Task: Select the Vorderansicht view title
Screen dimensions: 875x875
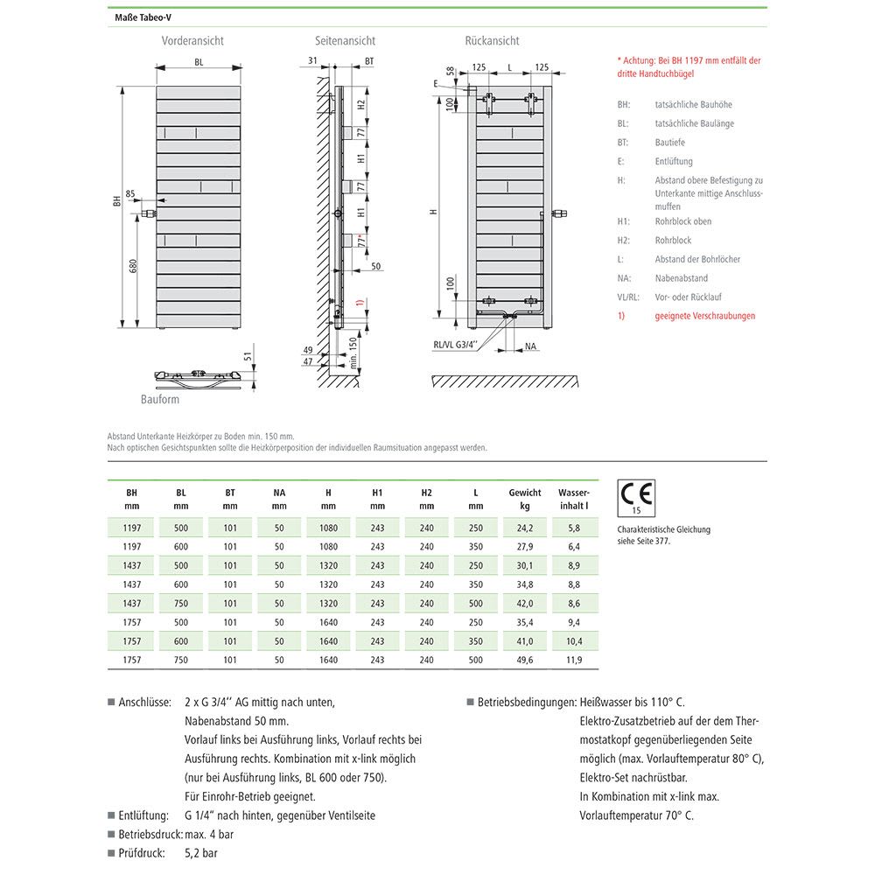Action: coord(192,41)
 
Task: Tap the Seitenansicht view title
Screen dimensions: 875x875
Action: coord(346,41)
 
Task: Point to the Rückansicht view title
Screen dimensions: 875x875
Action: coord(493,41)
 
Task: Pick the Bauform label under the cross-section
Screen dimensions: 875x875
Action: coord(160,400)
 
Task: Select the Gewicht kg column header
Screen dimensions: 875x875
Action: coord(525,499)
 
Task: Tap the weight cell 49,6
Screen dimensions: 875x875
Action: coord(525,660)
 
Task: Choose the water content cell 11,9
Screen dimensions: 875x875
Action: coord(574,660)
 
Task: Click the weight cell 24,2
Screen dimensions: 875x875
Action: coord(525,528)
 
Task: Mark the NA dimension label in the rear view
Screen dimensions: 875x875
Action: coord(531,346)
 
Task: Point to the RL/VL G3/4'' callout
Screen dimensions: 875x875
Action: coord(455,345)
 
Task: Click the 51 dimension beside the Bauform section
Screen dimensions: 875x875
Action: coord(248,356)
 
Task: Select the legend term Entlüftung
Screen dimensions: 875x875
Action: coord(674,162)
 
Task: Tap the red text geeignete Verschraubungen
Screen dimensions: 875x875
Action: coord(704,316)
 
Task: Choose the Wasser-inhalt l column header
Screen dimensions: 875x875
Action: coord(574,499)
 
